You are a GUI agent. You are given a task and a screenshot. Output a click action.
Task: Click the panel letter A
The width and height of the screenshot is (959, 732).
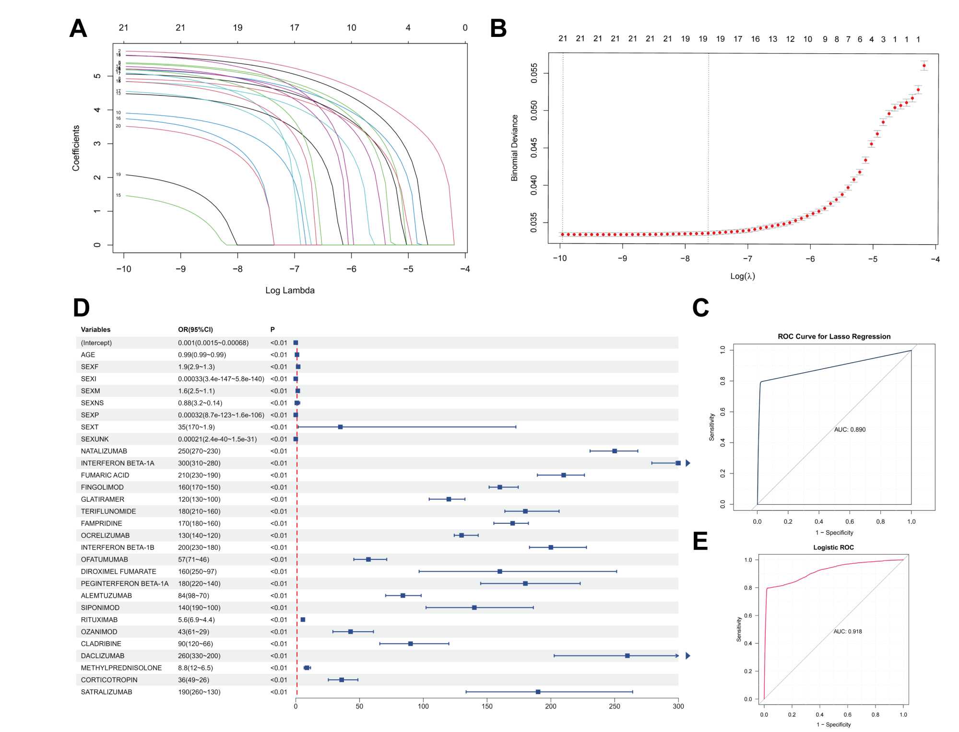point(78,28)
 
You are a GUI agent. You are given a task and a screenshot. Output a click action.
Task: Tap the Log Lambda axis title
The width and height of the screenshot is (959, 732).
point(290,290)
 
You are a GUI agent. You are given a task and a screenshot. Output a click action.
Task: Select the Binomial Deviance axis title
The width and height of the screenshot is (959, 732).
point(514,148)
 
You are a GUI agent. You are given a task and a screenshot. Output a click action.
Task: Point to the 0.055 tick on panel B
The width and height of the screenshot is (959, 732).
point(534,73)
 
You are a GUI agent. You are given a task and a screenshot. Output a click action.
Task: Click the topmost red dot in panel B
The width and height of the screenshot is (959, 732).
point(923,66)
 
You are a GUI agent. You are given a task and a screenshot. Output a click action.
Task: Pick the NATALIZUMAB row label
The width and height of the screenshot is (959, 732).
point(104,451)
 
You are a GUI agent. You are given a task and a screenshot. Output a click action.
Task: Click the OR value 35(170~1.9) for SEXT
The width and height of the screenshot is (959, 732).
point(196,427)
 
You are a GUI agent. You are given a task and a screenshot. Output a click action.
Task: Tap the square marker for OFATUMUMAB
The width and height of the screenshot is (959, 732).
point(368,559)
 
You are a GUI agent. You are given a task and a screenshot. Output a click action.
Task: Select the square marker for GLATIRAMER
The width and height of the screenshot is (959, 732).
point(449,499)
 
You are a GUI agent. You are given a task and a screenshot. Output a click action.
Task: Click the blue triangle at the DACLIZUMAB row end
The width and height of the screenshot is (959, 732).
point(687,656)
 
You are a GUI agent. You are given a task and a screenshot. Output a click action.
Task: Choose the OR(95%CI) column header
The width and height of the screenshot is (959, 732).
point(195,330)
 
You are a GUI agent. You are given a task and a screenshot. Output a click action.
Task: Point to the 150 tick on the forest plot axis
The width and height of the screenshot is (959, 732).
point(487,706)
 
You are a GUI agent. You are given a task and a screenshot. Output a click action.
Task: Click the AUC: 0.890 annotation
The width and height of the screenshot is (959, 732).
point(850,430)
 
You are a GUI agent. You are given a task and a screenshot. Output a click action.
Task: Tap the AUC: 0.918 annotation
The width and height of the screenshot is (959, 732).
point(847,632)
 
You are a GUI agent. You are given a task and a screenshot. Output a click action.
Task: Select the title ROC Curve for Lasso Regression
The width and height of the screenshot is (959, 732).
point(834,337)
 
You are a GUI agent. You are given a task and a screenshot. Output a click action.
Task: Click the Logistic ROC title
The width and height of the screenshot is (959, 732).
point(833,547)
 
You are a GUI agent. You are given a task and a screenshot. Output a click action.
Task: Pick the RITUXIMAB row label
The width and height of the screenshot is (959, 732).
point(99,620)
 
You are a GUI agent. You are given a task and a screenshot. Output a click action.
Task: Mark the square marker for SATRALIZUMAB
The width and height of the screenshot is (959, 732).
point(538,692)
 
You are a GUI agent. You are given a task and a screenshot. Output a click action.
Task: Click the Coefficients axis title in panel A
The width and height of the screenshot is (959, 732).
point(76,148)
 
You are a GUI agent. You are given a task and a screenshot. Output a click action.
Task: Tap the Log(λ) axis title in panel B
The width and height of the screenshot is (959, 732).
point(742,276)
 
